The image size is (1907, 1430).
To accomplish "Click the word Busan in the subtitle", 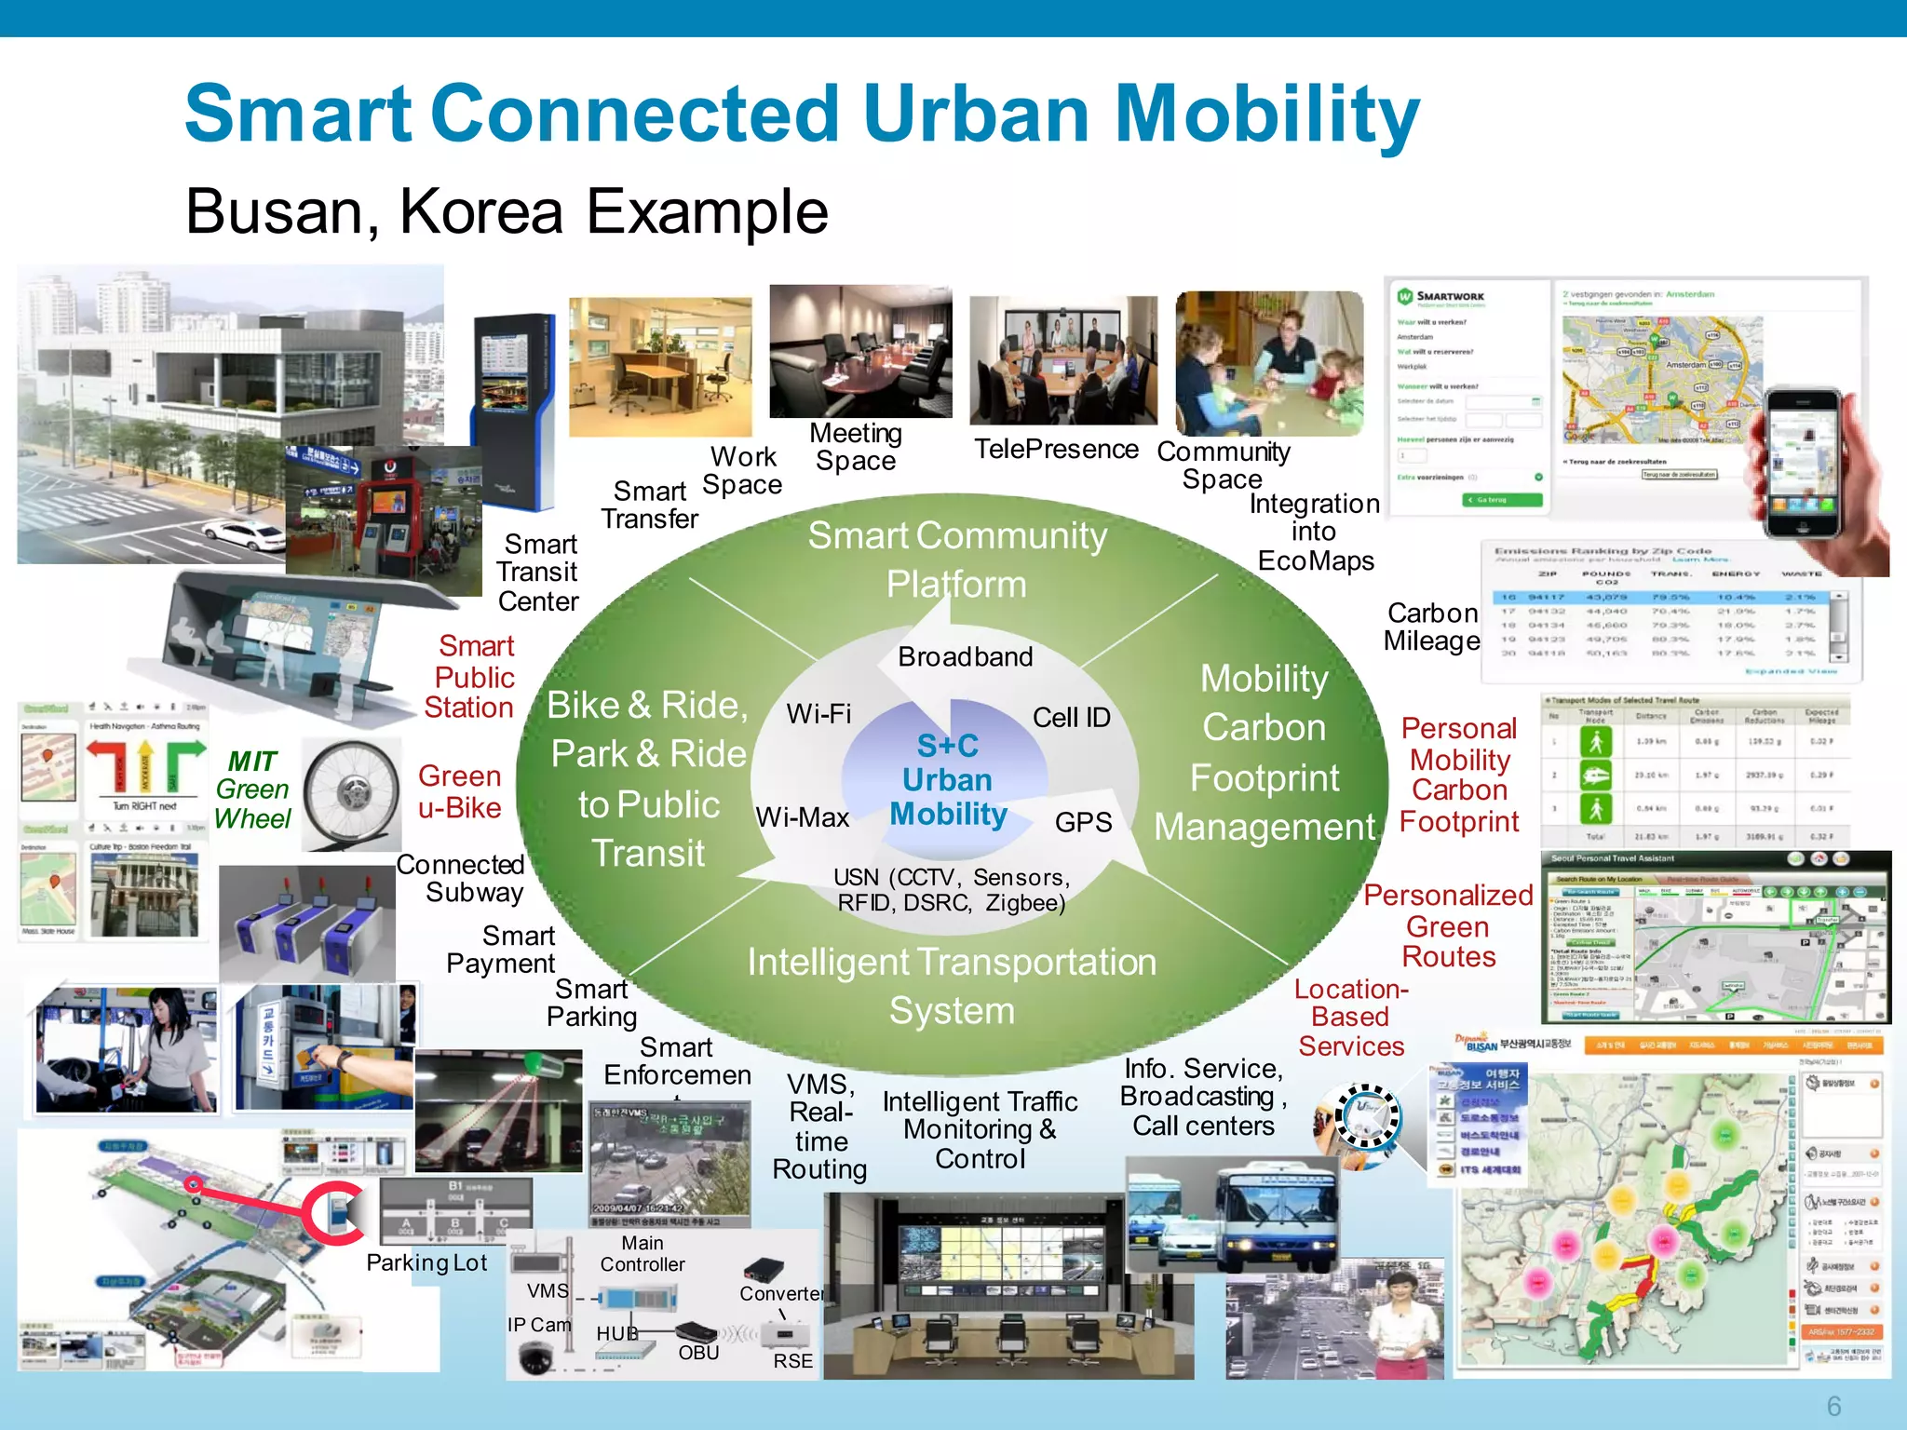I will click(x=280, y=212).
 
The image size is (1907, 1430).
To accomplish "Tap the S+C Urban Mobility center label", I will click(x=948, y=780).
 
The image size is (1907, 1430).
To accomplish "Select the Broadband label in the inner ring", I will click(x=965, y=657).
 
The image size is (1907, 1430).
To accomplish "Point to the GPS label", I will click(x=1083, y=822).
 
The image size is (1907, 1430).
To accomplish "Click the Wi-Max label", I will click(x=802, y=817).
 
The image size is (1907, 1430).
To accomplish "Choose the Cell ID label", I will click(x=1071, y=718).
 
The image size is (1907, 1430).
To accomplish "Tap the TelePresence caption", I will click(x=1056, y=450).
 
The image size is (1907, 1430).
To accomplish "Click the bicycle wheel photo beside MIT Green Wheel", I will click(x=351, y=793).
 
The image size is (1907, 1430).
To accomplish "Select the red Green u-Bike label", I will click(x=460, y=792).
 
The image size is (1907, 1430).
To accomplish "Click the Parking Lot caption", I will click(x=426, y=1263).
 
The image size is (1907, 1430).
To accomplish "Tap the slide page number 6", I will click(x=1833, y=1406).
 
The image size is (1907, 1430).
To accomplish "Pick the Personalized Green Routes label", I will click(x=1448, y=926).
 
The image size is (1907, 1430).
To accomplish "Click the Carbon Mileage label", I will click(x=1432, y=627).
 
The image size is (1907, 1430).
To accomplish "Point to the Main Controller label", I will click(x=642, y=1254).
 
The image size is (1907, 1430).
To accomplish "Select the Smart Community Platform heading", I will click(x=956, y=560).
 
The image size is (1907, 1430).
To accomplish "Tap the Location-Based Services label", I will click(x=1351, y=1018).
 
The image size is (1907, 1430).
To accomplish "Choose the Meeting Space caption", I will click(x=856, y=447).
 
